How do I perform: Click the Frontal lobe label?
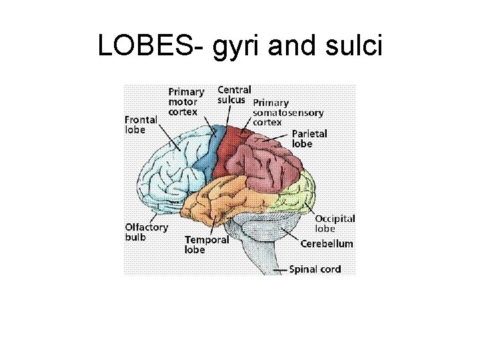[x=141, y=125]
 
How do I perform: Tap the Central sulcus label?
[x=234, y=95]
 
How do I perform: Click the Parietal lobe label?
[x=309, y=138]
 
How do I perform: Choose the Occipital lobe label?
[x=335, y=223]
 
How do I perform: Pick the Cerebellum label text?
[x=327, y=244]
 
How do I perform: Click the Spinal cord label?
[x=315, y=269]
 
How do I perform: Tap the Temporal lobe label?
[x=207, y=245]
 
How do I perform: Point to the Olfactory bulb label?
[x=147, y=231]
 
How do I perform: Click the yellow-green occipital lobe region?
[x=299, y=193]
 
